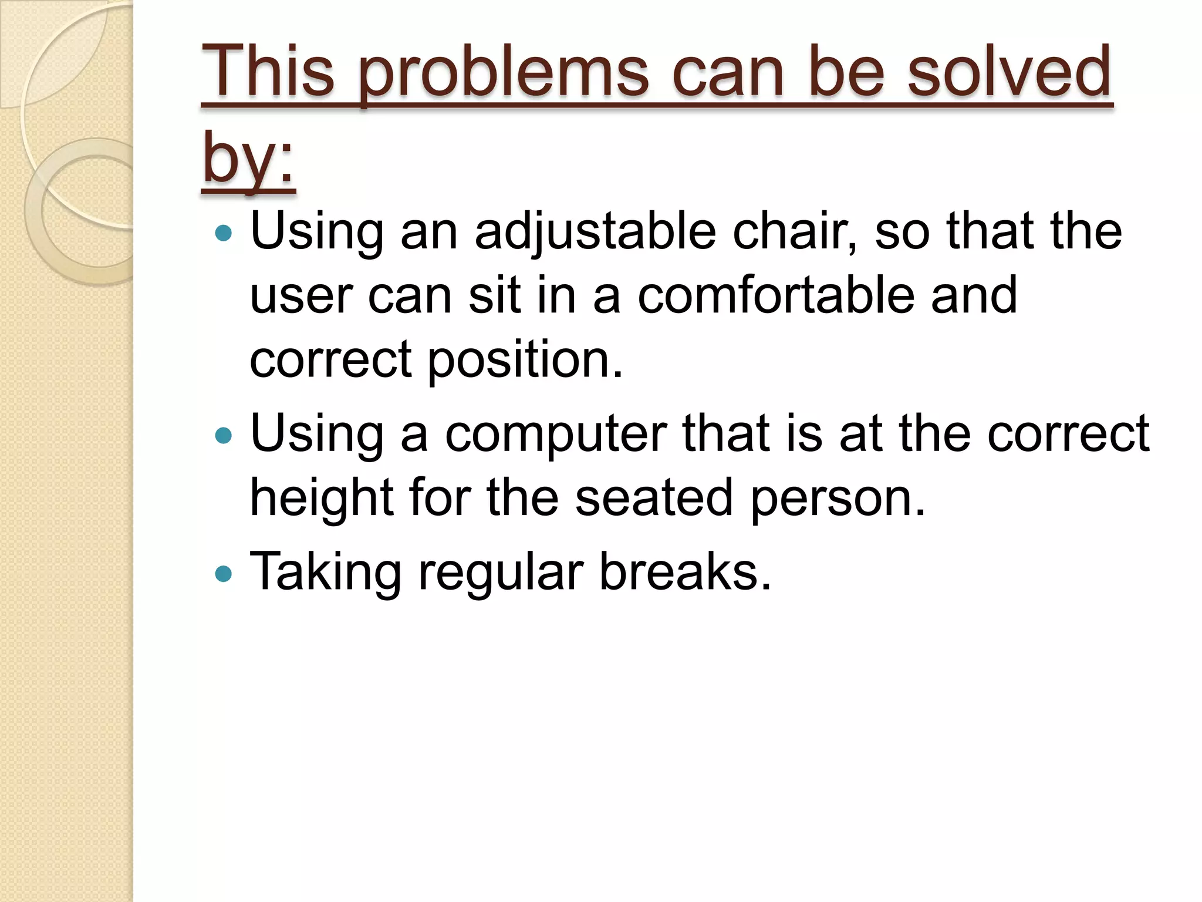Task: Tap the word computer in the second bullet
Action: tap(555, 435)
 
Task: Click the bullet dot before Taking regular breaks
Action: tap(224, 574)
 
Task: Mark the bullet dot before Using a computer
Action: tap(224, 435)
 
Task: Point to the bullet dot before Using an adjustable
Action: tap(224, 233)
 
